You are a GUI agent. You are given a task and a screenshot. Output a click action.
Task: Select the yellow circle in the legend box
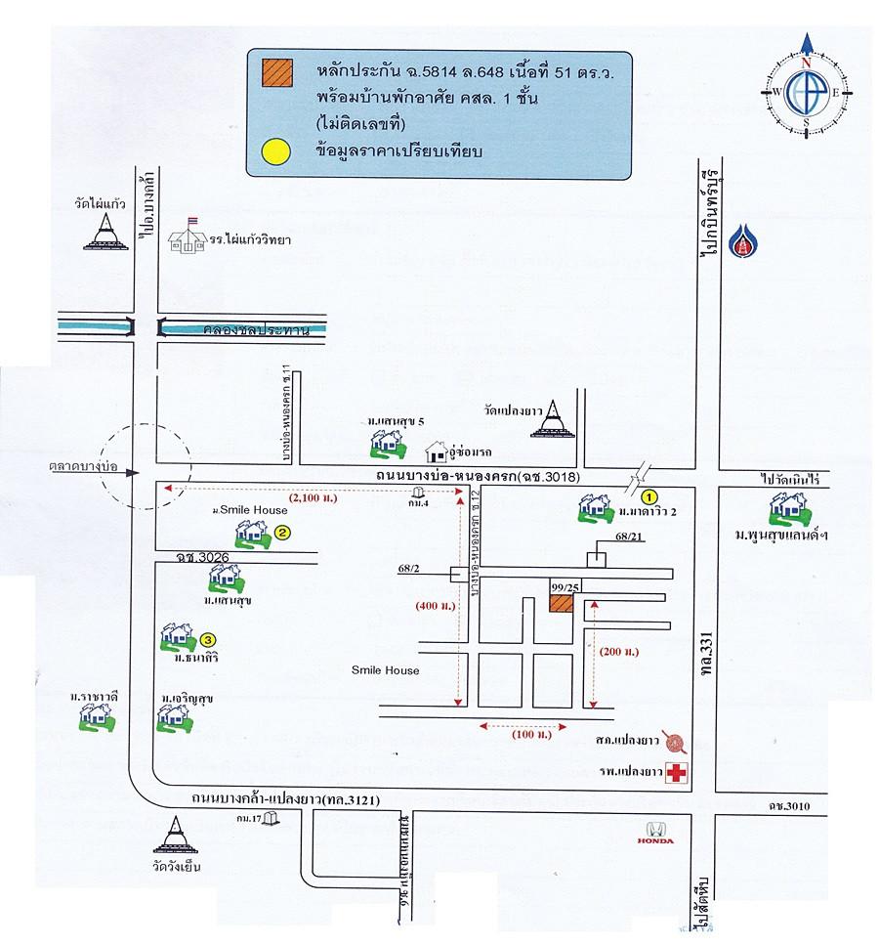pyautogui.click(x=275, y=150)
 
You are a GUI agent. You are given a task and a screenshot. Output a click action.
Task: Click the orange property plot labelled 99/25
pyautogui.click(x=561, y=602)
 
